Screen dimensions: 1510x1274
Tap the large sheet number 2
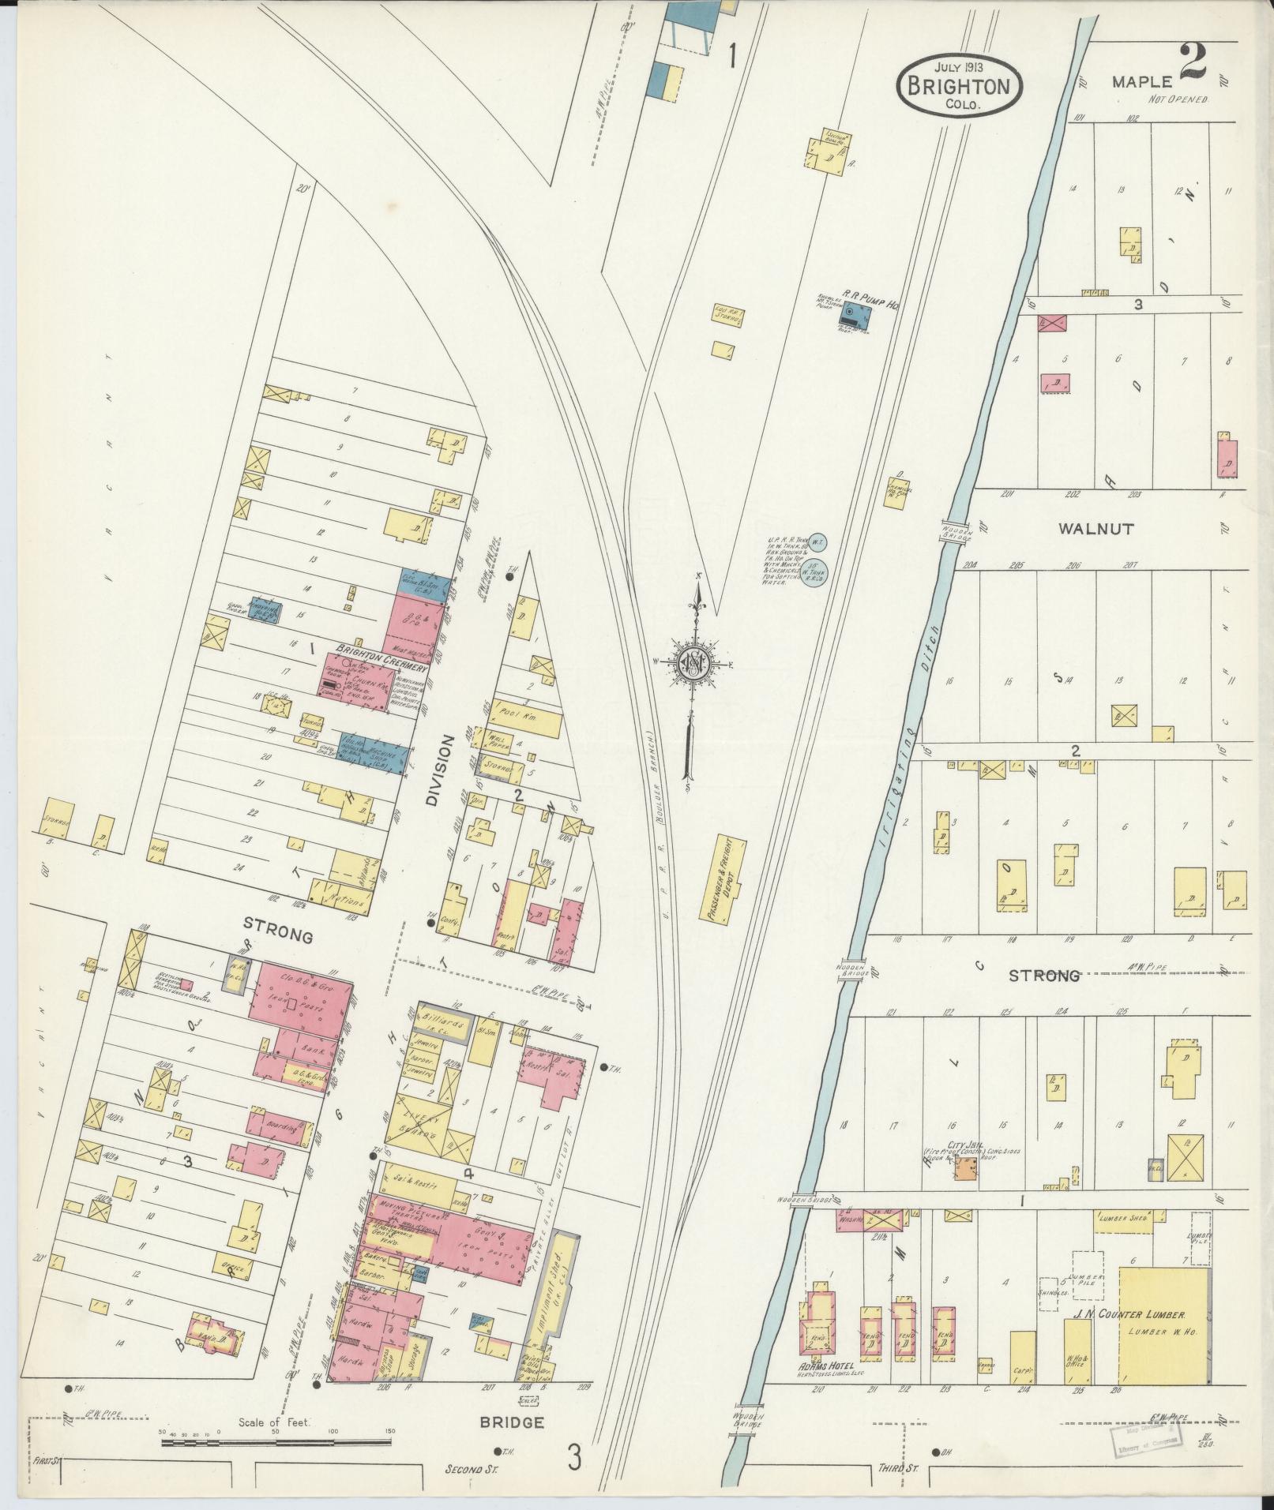(x=1192, y=63)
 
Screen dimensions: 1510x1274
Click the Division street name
(x=441, y=770)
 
